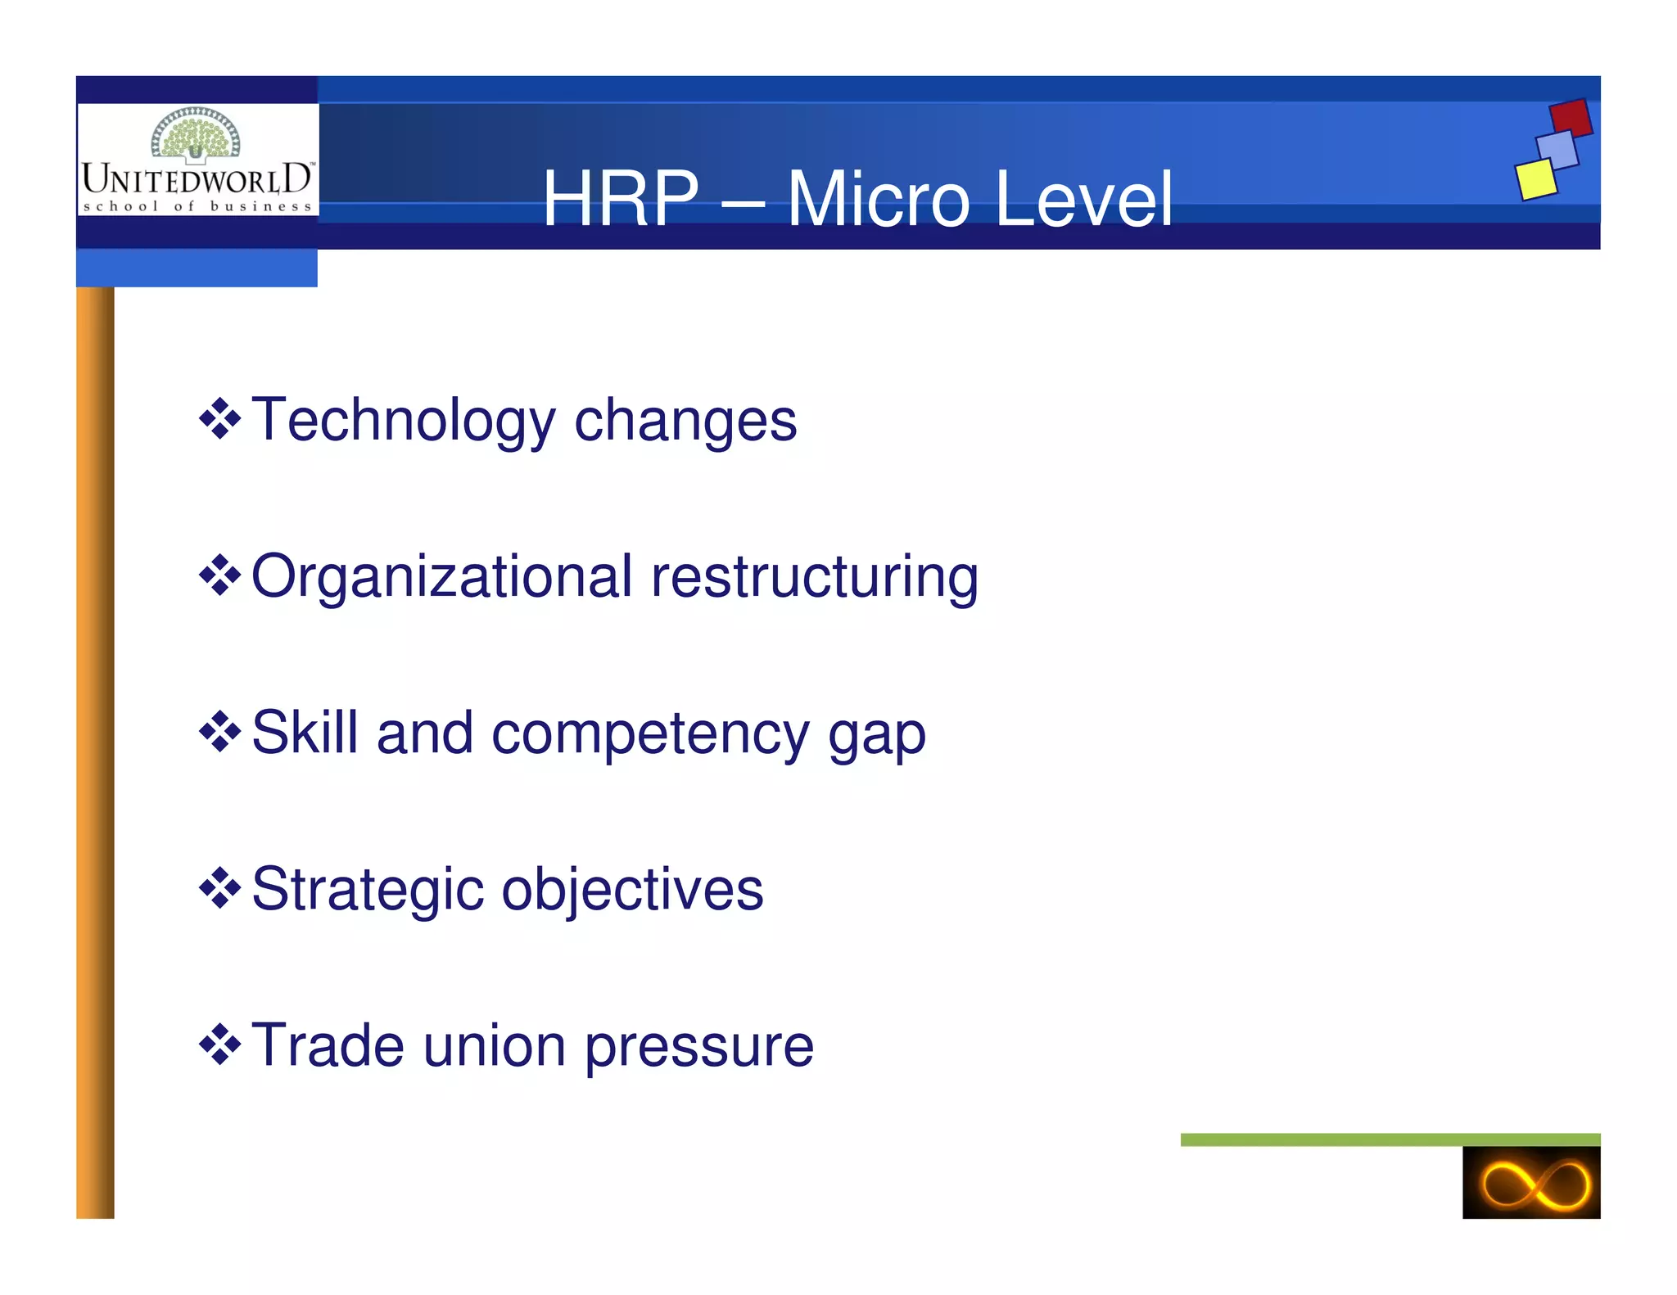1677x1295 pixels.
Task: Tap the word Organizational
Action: pos(441,577)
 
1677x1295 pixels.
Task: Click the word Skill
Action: pos(305,733)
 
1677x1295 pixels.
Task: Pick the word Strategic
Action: pos(367,890)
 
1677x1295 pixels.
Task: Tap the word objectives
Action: pos(632,890)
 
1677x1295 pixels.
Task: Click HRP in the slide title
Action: pos(621,199)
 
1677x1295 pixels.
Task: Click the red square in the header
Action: pos(1571,118)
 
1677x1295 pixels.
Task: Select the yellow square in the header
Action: pos(1535,179)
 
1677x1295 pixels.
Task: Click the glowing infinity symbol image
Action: pos(1530,1183)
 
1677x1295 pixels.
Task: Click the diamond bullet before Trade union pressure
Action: pos(219,1045)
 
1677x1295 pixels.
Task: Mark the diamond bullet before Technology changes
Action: pos(219,419)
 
